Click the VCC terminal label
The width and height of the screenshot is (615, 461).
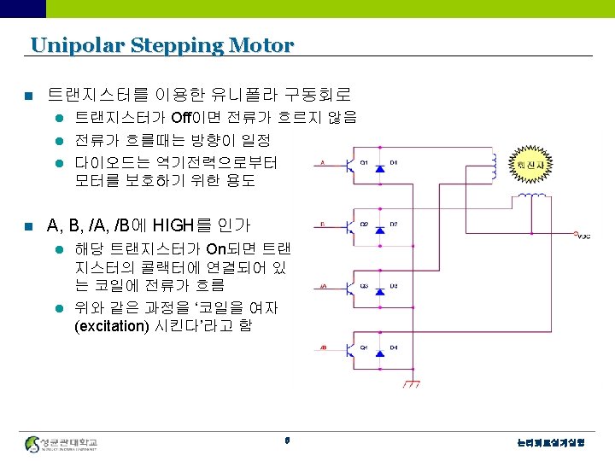[x=583, y=237]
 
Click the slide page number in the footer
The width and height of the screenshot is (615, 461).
[x=287, y=441]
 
